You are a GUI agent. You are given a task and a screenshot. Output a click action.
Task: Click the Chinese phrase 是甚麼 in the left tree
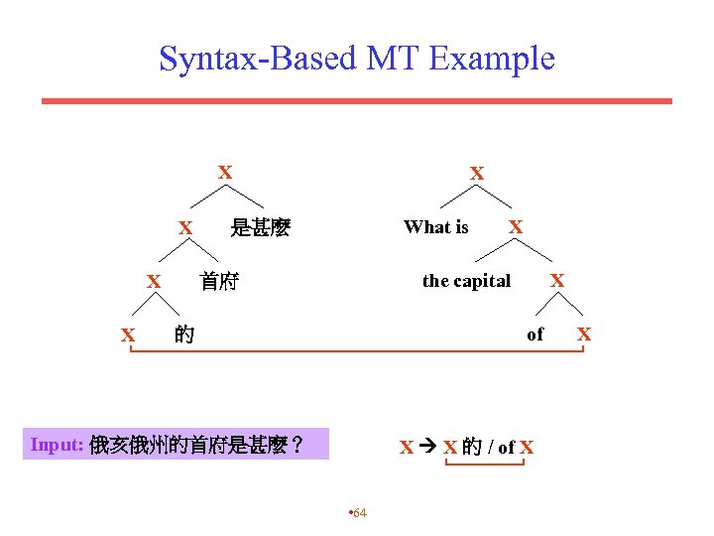[260, 228]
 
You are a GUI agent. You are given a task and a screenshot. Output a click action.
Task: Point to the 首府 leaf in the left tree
[218, 281]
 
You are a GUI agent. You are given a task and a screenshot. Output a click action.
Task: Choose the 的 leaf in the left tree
[183, 335]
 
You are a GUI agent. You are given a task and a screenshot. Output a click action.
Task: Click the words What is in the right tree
[435, 227]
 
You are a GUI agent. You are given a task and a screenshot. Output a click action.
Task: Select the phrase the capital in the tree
[466, 281]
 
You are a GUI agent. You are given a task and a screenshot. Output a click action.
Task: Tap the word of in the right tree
[535, 335]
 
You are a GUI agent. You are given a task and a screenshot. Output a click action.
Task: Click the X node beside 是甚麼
[185, 228]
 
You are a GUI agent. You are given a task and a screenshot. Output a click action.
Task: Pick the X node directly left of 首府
[154, 282]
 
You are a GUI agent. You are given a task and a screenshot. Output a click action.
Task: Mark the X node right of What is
[516, 227]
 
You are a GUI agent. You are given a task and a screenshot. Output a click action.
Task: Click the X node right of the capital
[557, 281]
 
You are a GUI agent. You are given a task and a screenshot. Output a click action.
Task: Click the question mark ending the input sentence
[297, 446]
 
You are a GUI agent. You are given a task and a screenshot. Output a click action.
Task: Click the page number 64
[359, 512]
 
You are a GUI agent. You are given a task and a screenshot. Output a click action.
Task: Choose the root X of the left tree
[225, 173]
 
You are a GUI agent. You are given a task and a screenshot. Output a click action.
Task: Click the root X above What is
[477, 174]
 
